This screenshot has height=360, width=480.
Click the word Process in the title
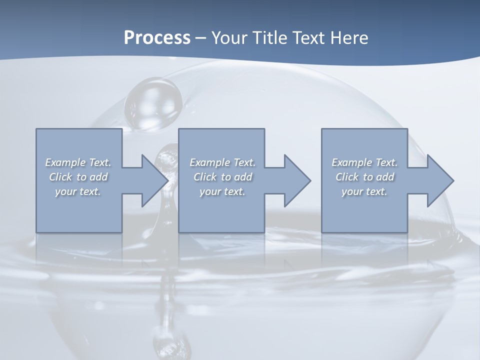point(157,37)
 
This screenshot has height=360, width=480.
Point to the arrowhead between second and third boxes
point(296,180)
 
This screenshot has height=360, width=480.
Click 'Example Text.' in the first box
point(78,162)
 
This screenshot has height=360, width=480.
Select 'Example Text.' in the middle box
point(222,162)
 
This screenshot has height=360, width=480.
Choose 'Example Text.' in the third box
point(364,162)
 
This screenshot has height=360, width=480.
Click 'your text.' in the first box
point(78,191)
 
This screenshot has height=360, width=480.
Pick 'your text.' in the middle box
point(222,191)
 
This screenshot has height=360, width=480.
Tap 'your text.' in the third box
point(364,191)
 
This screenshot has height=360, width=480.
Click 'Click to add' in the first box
point(78,177)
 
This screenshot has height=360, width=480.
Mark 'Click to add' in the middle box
point(222,177)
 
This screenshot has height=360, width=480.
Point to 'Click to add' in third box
point(364,177)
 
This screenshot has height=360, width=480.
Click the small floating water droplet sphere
point(153,104)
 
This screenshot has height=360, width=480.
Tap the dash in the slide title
point(201,38)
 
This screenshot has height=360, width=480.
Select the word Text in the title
point(306,37)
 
